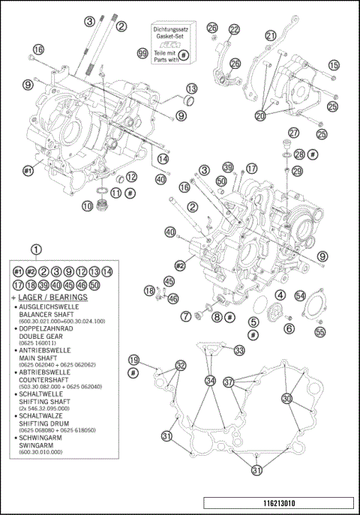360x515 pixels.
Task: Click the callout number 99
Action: tap(142, 53)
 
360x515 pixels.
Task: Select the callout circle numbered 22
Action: tap(234, 29)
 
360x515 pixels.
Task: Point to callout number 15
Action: tap(334, 65)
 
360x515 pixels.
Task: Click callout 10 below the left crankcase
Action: tap(88, 205)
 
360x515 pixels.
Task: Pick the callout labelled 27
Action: tap(294, 133)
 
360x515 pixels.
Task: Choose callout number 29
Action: tap(297, 172)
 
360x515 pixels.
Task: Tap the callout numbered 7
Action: tap(185, 317)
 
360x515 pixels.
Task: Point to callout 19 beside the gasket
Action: tap(133, 359)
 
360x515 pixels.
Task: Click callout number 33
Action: tap(238, 350)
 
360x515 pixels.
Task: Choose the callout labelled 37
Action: tap(229, 382)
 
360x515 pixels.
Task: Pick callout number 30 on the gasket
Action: tap(286, 398)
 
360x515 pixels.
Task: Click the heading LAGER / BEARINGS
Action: tap(51, 298)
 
